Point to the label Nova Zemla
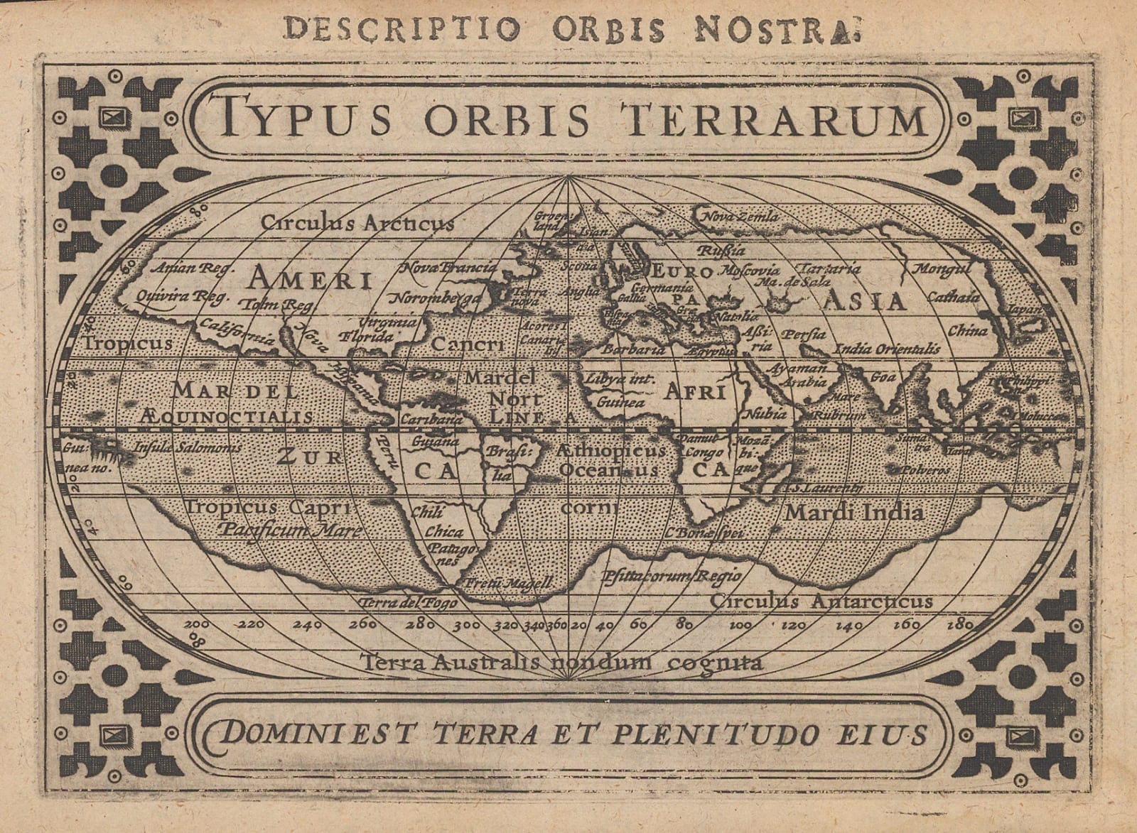pyautogui.click(x=740, y=216)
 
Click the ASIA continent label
pyautogui.click(x=865, y=301)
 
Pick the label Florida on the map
pyautogui.click(x=367, y=337)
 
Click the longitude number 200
pyautogui.click(x=195, y=625)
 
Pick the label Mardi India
pyautogui.click(x=853, y=511)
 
